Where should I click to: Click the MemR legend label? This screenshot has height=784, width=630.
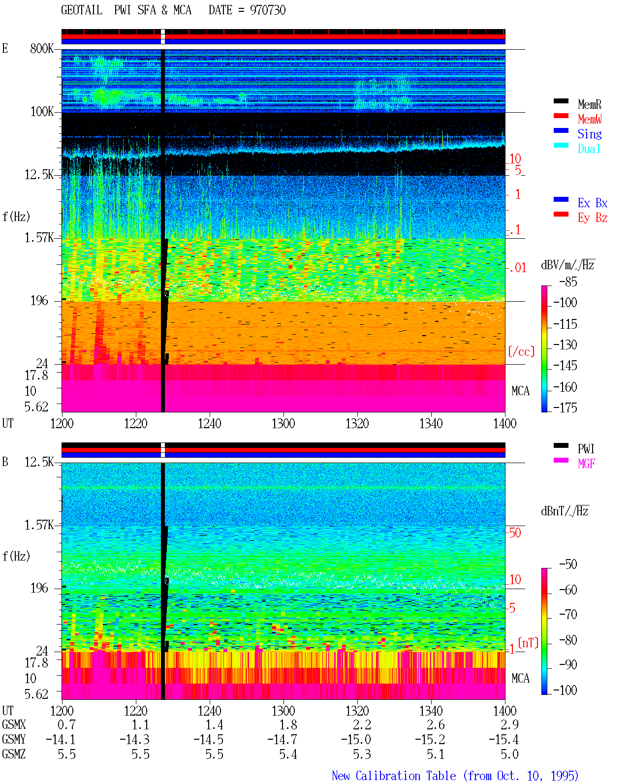point(589,104)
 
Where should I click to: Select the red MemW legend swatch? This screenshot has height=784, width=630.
point(561,116)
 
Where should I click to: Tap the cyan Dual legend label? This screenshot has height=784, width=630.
point(589,149)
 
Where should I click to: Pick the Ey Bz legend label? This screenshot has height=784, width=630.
point(592,218)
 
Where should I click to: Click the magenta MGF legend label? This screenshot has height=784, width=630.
point(586,464)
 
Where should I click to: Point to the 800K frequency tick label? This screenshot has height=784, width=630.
point(42,48)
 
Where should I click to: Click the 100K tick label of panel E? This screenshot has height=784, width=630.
point(42,112)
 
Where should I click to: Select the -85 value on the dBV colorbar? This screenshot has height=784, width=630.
point(568,282)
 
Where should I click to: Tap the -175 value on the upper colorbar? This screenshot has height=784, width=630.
point(565,408)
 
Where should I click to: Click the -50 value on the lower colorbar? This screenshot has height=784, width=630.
point(568,564)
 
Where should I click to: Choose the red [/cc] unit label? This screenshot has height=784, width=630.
point(521,351)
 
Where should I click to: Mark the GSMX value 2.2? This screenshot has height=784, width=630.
point(362,724)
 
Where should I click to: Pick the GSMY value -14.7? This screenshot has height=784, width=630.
point(283,739)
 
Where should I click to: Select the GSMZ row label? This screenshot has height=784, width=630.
point(14,754)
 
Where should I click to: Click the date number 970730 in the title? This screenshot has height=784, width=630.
point(268,10)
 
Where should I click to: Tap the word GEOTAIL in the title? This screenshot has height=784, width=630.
point(82,10)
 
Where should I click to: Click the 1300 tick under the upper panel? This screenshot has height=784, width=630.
point(283,423)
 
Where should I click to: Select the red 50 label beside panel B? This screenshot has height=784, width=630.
point(515,533)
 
